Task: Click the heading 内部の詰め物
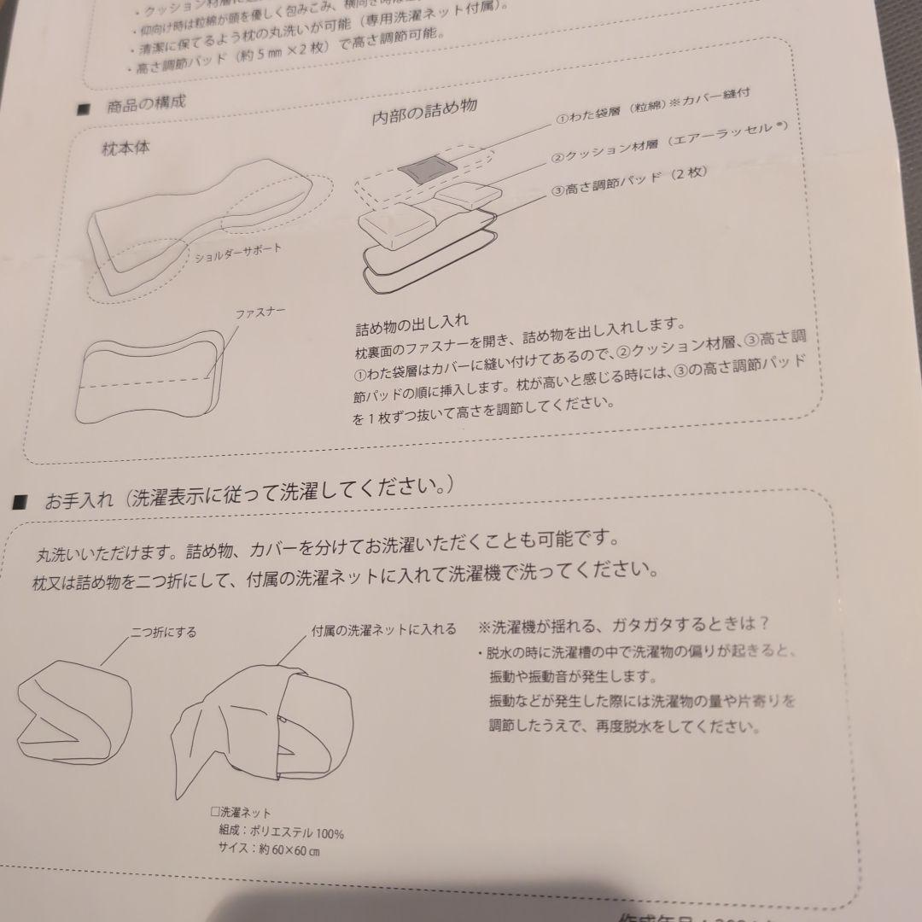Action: pyautogui.click(x=423, y=114)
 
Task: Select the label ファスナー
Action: pyautogui.click(x=260, y=313)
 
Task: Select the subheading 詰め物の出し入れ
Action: pyautogui.click(x=411, y=328)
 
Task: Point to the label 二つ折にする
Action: pyautogui.click(x=163, y=633)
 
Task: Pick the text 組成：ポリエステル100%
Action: pyautogui.click(x=281, y=832)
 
